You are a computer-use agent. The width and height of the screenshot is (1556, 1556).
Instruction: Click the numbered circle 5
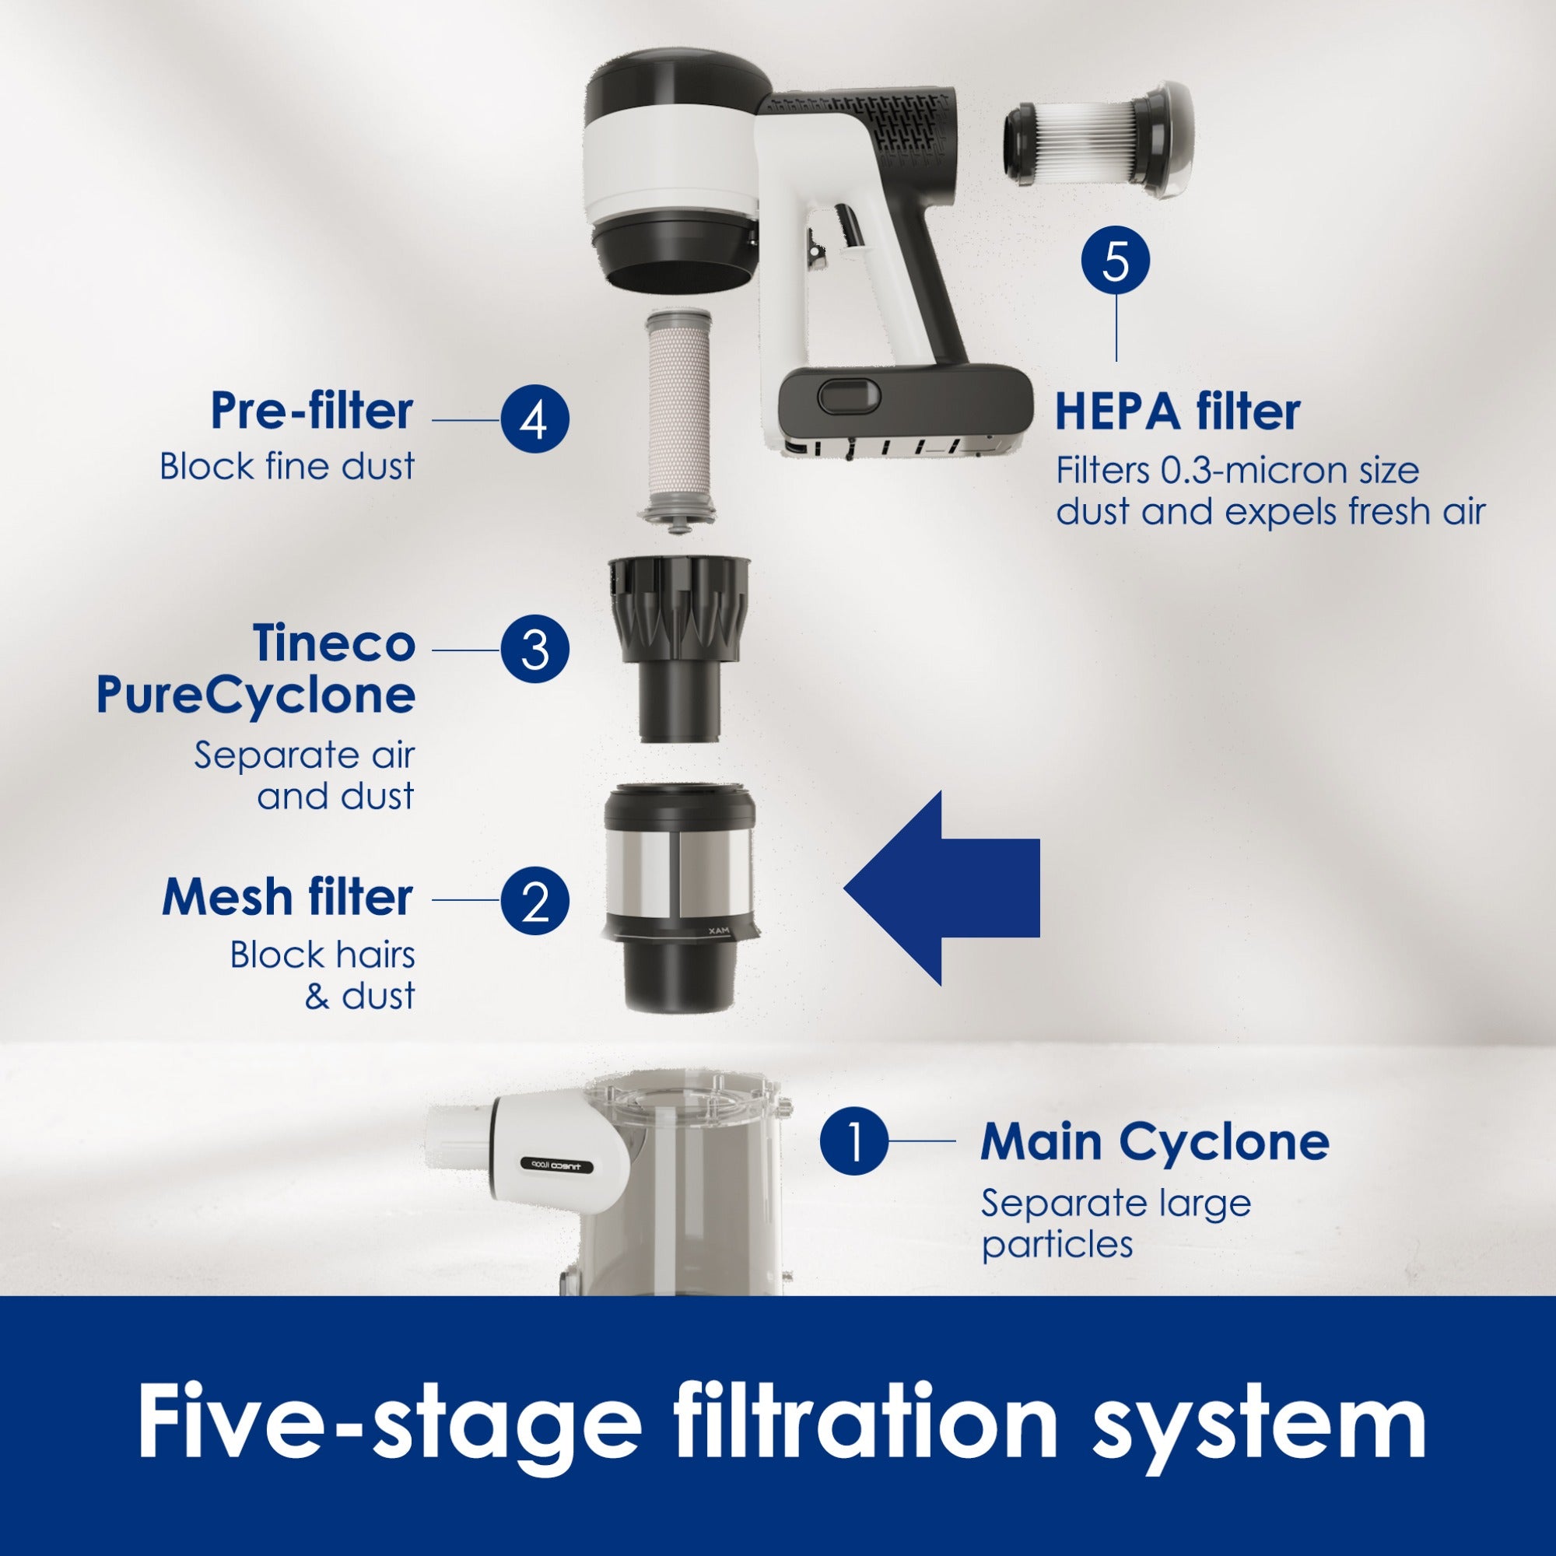click(1116, 260)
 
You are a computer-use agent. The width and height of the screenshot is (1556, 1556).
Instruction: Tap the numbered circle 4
click(534, 419)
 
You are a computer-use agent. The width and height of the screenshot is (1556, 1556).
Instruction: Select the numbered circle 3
click(534, 649)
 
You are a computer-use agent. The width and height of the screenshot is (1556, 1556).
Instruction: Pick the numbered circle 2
click(534, 900)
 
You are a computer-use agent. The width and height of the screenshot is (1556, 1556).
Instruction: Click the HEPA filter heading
click(1176, 412)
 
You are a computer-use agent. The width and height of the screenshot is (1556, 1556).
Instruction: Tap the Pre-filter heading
click(312, 411)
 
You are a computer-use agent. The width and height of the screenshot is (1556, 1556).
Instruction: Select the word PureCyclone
click(255, 694)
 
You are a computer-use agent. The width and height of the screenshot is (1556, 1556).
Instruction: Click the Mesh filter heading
click(288, 896)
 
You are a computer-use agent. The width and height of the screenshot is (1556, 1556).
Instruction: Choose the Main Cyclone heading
click(1154, 1141)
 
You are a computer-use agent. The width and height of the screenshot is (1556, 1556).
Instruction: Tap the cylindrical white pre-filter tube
click(678, 411)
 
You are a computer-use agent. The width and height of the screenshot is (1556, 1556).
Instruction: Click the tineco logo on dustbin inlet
click(556, 1165)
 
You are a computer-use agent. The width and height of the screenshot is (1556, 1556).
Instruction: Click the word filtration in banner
click(864, 1422)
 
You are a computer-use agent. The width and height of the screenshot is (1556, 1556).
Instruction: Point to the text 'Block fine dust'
click(287, 466)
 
